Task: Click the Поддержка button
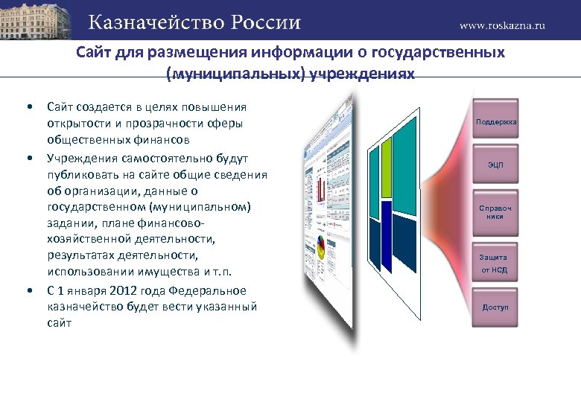pos(495,121)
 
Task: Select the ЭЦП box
pos(495,164)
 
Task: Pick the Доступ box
pos(495,307)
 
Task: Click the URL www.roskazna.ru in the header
pos(502,25)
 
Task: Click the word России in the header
pos(265,22)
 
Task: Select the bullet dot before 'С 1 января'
pos(28,290)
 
